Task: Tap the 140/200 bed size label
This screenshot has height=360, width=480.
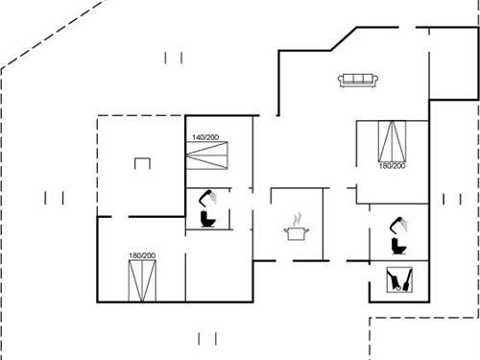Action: click(204, 138)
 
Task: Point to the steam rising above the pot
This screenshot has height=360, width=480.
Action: click(299, 218)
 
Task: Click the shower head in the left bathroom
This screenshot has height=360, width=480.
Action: click(204, 199)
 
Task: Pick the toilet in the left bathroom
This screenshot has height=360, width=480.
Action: click(207, 219)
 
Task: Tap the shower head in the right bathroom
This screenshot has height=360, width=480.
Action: click(396, 225)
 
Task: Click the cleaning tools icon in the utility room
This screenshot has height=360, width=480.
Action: click(399, 280)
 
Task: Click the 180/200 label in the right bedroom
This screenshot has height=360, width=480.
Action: click(391, 167)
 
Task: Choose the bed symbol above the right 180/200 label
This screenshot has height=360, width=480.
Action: click(391, 141)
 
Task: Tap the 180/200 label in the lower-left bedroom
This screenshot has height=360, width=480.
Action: click(142, 255)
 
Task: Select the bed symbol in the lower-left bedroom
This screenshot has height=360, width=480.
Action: click(142, 280)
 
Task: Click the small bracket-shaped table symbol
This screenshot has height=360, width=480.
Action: click(142, 163)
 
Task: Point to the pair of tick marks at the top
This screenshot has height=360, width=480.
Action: click(174, 58)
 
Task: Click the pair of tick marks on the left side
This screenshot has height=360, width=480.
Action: click(55, 198)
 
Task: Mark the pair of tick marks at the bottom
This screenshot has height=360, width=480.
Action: click(206, 338)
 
